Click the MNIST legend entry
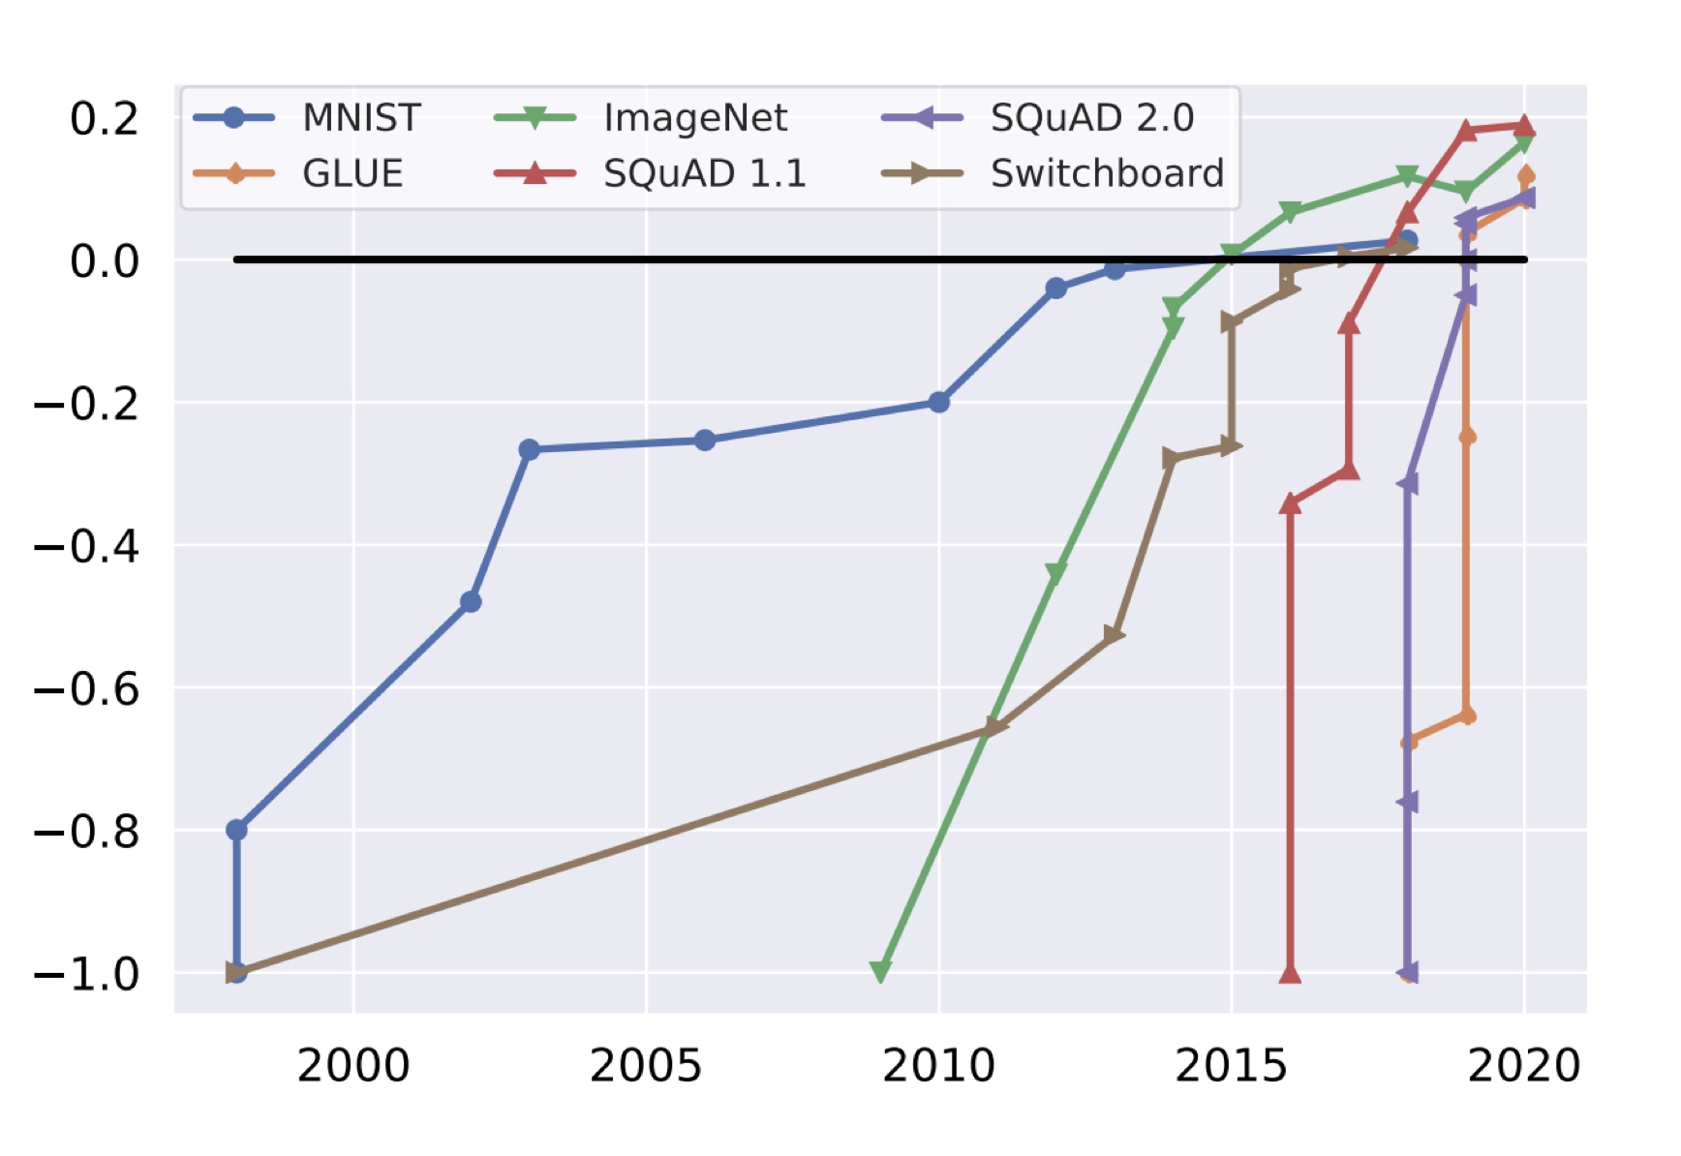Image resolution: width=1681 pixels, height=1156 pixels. coord(360,118)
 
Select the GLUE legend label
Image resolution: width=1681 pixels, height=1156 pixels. coord(351,174)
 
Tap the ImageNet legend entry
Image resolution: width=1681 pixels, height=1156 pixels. coord(694,118)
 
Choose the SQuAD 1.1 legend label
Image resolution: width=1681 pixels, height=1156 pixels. coord(704,174)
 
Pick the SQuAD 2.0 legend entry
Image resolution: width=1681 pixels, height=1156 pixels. coord(1091,118)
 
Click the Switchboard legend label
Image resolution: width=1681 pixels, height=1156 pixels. coord(1107,174)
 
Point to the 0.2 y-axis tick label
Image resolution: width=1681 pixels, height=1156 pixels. coord(105,119)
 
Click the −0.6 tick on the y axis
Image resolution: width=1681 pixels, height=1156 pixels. coord(87,689)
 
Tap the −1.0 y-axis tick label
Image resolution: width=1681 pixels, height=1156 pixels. coord(87,974)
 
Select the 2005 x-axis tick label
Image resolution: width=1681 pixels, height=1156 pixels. coord(646,1066)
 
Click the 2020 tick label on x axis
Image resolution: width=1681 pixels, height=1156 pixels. coord(1524,1066)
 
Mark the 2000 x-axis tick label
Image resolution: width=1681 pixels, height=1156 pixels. coord(353,1066)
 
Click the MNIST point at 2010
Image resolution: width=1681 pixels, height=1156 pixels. coord(938,402)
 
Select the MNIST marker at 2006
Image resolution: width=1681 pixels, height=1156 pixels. coord(705,441)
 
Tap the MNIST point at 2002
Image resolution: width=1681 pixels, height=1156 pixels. coord(471,602)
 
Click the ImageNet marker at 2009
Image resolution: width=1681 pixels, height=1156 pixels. coord(880,971)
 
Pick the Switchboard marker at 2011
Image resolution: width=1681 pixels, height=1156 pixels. coord(996,726)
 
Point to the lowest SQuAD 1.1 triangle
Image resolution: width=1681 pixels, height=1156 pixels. coord(1290,973)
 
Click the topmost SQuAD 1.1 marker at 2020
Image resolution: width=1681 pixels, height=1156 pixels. coord(1525,125)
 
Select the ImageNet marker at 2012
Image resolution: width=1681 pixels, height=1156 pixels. coord(1055,573)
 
